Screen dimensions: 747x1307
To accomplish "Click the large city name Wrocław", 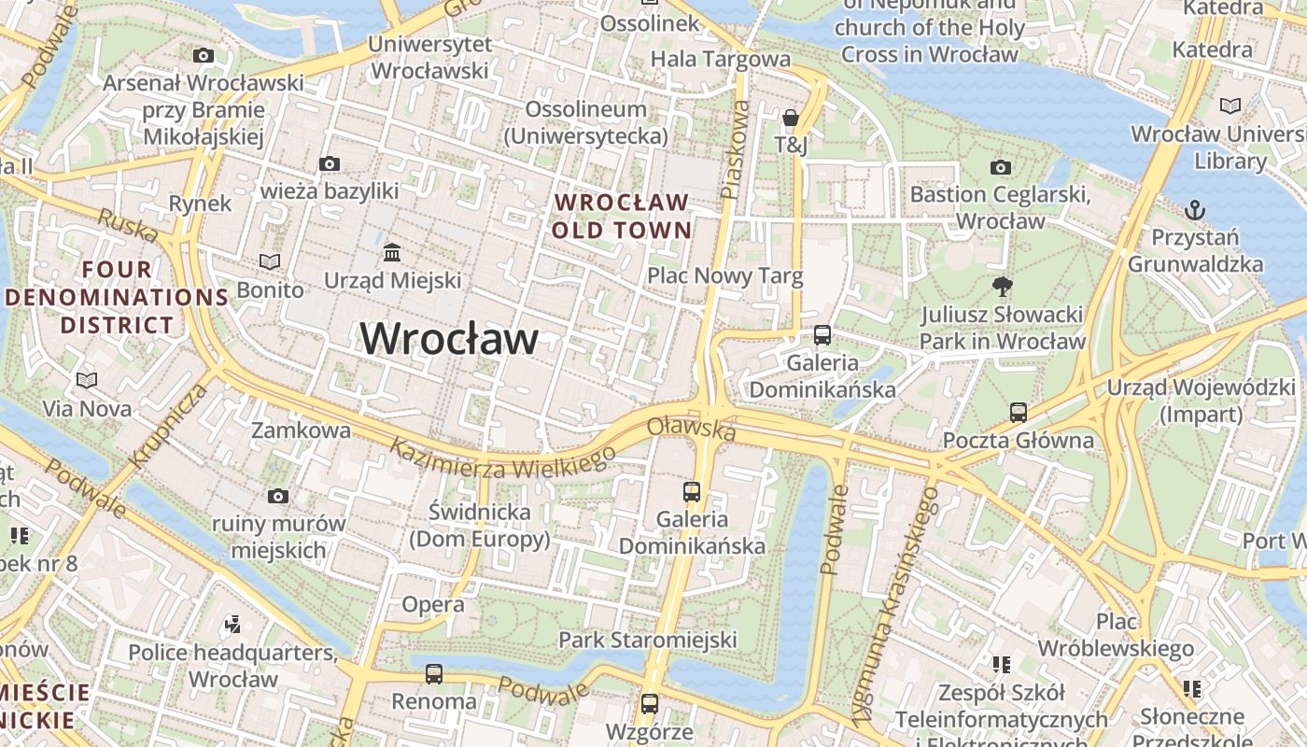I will coord(449,338).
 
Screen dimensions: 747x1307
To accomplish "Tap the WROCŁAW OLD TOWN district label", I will coord(621,216).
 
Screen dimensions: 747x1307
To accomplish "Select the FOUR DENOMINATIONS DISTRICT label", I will coord(117,297).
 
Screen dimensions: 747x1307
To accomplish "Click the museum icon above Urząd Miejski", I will coord(392,252).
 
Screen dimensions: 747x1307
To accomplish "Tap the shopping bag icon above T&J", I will coord(791,118).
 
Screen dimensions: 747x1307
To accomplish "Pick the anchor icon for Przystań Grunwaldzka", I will coord(1194,209).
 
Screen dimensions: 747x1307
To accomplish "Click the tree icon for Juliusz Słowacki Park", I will coord(1003,286).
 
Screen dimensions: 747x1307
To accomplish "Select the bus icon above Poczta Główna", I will coord(1018,412).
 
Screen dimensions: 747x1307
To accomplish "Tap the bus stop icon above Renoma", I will coord(433,673).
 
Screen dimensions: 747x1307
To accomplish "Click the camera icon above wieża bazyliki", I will coord(329,164).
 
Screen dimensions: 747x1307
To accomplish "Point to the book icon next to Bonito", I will coord(270,262).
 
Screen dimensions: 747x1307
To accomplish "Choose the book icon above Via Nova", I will coord(87,380).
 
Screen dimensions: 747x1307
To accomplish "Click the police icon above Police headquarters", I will coord(233,624).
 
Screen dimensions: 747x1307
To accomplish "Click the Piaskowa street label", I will coord(736,149).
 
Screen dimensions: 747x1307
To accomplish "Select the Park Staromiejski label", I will coord(647,640).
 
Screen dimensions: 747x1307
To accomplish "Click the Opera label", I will coord(433,604).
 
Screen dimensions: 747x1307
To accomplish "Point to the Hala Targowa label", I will coord(720,59).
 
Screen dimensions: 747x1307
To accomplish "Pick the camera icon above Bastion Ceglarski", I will coord(1000,167).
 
